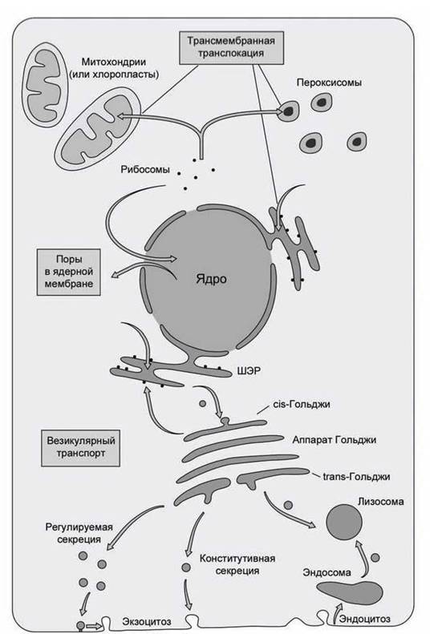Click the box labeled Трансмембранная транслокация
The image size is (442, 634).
point(232,47)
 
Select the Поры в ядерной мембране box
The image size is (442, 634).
point(68,273)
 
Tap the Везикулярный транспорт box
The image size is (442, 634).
point(80,447)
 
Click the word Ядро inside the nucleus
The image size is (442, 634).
point(211,279)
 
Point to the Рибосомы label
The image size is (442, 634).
point(145,169)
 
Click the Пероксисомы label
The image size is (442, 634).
point(329,83)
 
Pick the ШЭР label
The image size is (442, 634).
point(249,371)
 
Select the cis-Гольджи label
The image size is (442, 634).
point(302,404)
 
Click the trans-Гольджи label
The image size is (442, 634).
point(357,476)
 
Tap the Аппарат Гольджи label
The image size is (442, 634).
point(335,439)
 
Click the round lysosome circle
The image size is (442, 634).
point(344,522)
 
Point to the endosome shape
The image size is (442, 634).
point(350,592)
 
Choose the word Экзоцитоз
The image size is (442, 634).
point(147,621)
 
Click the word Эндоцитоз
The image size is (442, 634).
point(365,619)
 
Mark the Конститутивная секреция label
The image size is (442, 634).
point(237,564)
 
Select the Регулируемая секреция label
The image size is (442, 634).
point(79,533)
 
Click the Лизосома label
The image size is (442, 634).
point(380,502)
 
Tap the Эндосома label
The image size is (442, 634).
point(326,572)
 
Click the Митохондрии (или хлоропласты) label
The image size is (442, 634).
point(114,68)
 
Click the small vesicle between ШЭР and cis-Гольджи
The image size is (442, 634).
point(202,403)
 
